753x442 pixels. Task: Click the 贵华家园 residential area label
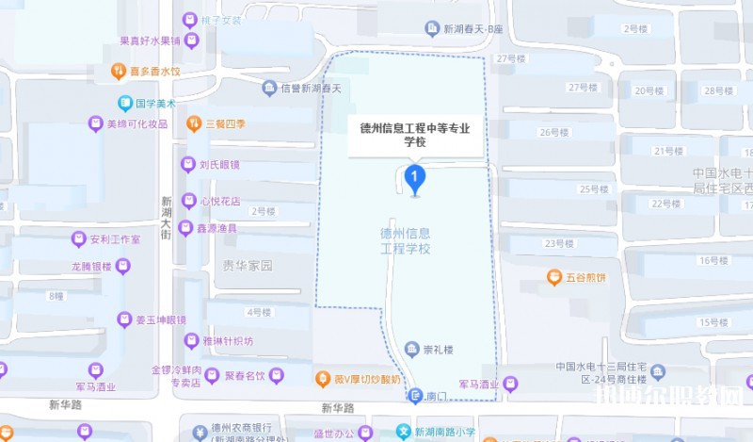247,266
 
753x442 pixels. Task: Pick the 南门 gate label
433,396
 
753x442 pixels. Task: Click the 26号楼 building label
555,132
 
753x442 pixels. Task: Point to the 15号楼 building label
713,323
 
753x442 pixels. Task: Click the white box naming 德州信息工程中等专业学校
415,134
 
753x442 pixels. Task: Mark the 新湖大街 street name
166,217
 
